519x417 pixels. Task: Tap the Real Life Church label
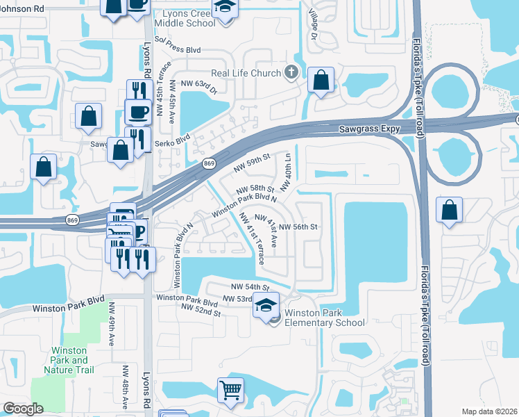click(246, 73)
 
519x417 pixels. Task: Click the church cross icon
click(291, 72)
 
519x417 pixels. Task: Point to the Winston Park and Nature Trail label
click(69, 360)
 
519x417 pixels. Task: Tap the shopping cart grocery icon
click(231, 389)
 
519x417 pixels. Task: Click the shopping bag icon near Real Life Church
click(321, 80)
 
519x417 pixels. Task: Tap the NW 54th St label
click(248, 286)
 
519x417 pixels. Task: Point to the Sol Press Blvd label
click(178, 51)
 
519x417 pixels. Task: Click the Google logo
click(23, 409)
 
